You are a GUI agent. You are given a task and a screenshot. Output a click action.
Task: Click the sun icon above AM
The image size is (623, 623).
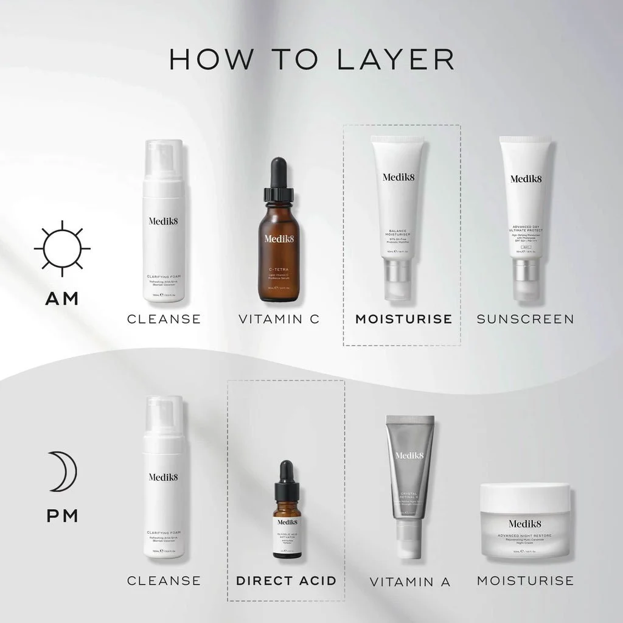click(62, 248)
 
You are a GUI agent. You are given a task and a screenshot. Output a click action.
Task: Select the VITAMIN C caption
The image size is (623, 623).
click(279, 319)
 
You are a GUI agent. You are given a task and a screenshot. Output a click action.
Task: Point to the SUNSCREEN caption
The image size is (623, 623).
click(525, 319)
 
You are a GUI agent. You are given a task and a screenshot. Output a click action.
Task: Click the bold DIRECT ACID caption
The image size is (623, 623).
click(286, 580)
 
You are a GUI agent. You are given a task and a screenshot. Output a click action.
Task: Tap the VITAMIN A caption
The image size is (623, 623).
click(410, 582)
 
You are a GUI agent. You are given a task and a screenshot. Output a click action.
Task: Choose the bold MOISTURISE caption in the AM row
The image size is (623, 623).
click(403, 319)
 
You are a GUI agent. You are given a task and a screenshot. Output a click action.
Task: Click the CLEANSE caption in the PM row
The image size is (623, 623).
click(164, 580)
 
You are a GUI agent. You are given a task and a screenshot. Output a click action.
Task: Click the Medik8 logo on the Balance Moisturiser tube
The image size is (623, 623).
click(397, 178)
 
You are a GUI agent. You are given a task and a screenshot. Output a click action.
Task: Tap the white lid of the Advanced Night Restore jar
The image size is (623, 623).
click(525, 498)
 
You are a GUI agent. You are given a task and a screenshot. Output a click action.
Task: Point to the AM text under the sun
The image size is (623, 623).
click(62, 299)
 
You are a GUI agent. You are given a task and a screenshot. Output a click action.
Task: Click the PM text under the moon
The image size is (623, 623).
click(62, 516)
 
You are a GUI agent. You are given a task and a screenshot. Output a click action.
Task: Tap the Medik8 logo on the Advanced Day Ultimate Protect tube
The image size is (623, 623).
click(526, 178)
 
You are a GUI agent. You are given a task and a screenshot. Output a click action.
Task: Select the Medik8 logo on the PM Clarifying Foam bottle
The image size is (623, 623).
click(163, 476)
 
